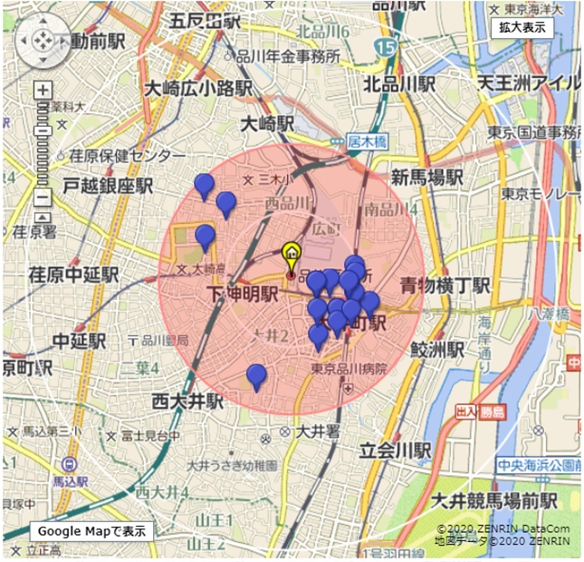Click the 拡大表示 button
pyautogui.click(x=522, y=26)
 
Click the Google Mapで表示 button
pyautogui.click(x=91, y=531)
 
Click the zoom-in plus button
pyautogui.click(x=43, y=91)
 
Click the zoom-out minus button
pyautogui.click(x=43, y=200)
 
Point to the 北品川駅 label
pyautogui.click(x=399, y=84)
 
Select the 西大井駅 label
pyautogui.click(x=187, y=400)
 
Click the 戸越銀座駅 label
pyautogui.click(x=108, y=187)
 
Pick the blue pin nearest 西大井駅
pyautogui.click(x=256, y=375)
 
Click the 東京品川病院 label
pyautogui.click(x=349, y=369)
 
